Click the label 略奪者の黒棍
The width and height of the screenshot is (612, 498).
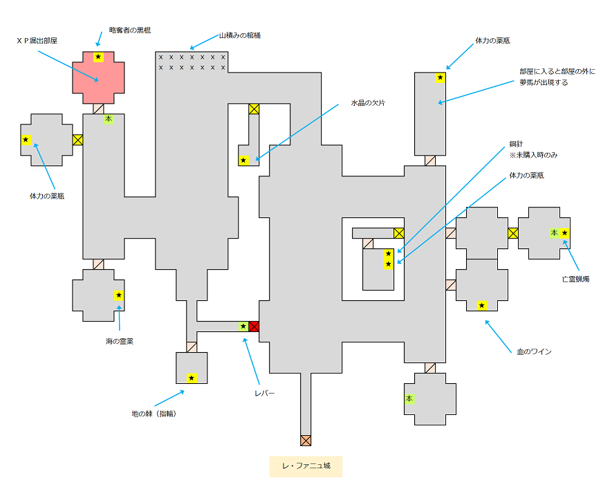[130, 30]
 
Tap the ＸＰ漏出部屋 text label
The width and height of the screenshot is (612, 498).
[37, 41]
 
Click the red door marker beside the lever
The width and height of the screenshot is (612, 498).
[254, 326]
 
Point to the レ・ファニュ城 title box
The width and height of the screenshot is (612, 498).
[306, 466]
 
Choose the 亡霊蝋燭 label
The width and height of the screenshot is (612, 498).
[575, 280]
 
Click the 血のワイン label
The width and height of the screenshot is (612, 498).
[534, 352]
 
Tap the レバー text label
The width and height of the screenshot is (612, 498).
[264, 393]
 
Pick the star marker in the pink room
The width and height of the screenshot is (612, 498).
[98, 57]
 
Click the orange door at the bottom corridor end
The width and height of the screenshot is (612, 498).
[306, 440]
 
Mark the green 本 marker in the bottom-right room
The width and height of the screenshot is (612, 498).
[409, 399]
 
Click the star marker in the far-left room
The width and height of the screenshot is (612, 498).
[26, 140]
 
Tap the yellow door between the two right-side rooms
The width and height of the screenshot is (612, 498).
[512, 233]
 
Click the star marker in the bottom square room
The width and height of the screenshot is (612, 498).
[192, 378]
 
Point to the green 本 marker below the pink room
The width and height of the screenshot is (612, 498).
[108, 119]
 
